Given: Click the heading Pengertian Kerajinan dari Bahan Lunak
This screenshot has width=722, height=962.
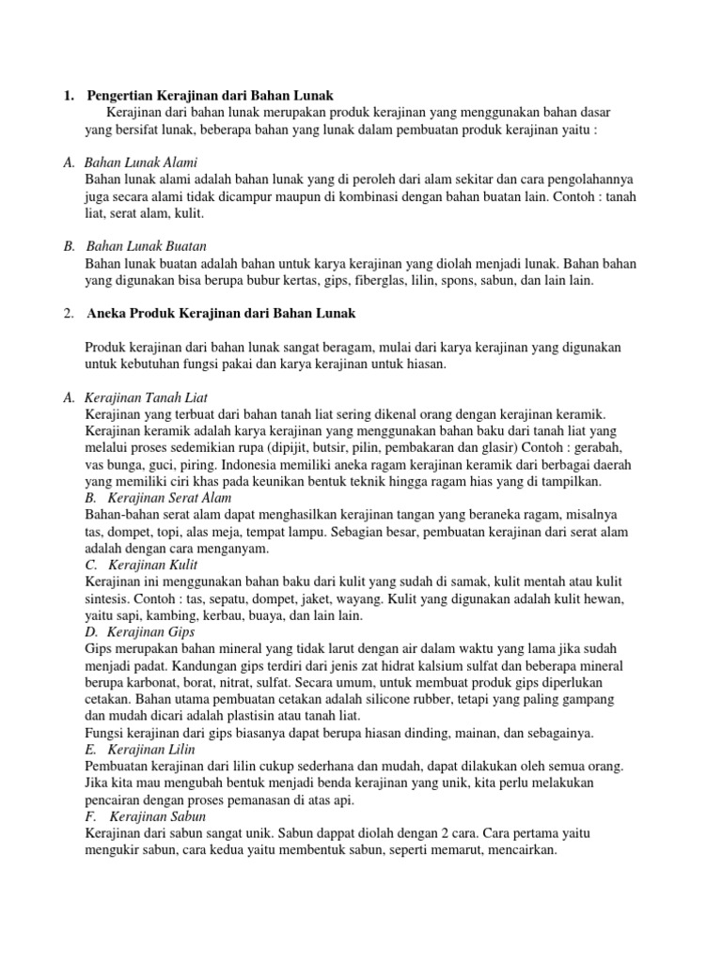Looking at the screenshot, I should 210,96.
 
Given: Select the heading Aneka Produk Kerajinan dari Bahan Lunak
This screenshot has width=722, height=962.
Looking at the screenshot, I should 221,312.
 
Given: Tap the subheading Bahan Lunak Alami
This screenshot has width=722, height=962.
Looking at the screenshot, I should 141,163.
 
